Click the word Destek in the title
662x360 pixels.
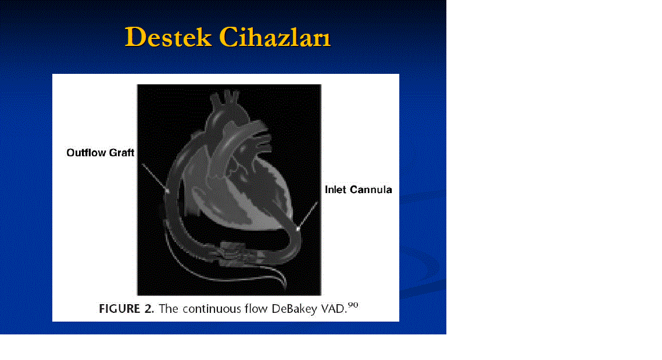coord(167,37)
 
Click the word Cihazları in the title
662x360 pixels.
coord(275,37)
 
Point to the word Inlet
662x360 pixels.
coord(335,190)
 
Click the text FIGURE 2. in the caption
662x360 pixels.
coord(127,309)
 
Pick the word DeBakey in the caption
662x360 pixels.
coord(294,309)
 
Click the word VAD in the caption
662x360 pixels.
coord(332,309)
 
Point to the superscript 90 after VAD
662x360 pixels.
coord(353,305)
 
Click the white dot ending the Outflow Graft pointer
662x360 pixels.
coord(167,191)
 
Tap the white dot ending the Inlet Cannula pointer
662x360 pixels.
coord(298,229)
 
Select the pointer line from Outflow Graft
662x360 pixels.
coord(155,177)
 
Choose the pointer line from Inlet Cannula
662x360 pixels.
coord(308,216)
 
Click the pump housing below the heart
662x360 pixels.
coord(237,254)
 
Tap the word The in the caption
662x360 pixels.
coord(169,309)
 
